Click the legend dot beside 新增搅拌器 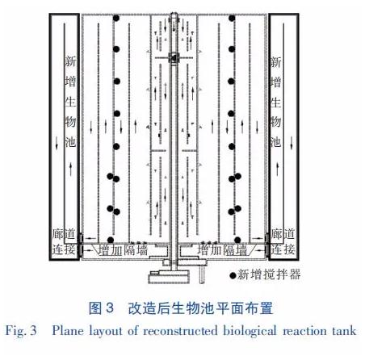(x=233, y=275)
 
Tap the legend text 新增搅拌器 (x=269, y=274)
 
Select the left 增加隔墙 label (x=123, y=250)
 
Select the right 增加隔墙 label (x=222, y=250)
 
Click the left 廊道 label (x=64, y=234)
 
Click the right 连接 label (x=282, y=249)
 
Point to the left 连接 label (x=64, y=249)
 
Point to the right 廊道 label (x=283, y=234)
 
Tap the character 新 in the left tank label (x=70, y=61)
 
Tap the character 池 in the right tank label (x=275, y=141)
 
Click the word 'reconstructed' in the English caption (x=180, y=331)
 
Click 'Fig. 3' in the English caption (x=21, y=330)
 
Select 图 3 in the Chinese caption (x=101, y=308)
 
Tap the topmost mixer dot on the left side (x=116, y=18)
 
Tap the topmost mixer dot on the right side (x=232, y=18)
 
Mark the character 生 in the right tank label (x=275, y=103)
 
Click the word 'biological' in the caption (x=250, y=331)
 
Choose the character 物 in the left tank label (x=70, y=122)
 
